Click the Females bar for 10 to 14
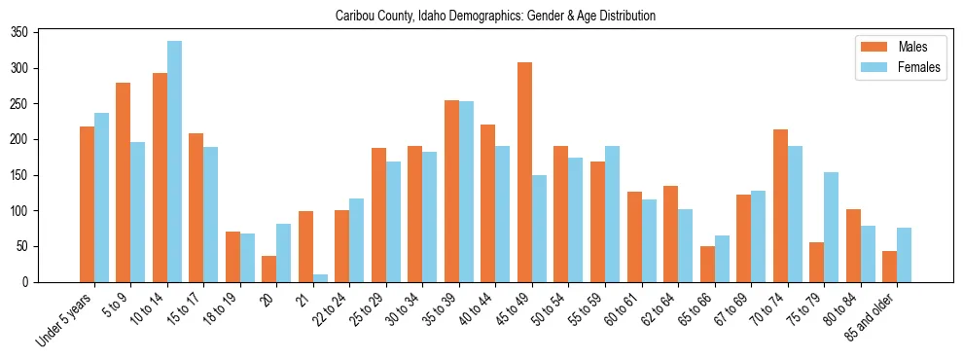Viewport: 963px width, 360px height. click(x=174, y=162)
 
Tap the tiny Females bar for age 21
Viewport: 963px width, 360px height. click(x=320, y=278)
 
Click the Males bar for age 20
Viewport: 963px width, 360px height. click(x=269, y=269)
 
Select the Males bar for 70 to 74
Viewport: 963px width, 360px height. click(x=780, y=206)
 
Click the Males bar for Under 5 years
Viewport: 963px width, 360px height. click(x=87, y=204)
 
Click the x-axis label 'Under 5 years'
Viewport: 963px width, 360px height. click(x=66, y=320)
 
